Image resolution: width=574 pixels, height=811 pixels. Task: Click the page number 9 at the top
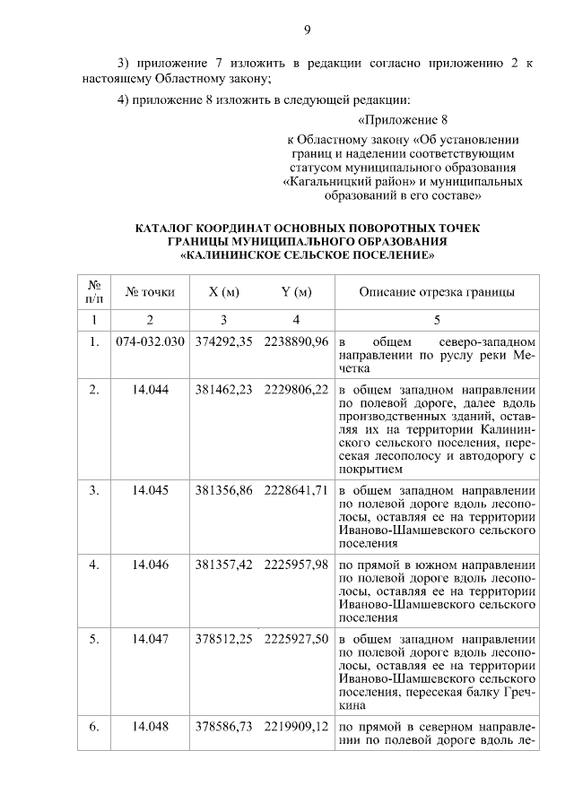[306, 30]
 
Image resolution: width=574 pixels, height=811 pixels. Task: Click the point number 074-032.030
[150, 342]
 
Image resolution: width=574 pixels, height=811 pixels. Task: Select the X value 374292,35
[223, 342]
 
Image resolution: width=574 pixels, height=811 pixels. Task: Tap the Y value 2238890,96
[296, 342]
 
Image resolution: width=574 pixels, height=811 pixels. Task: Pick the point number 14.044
[150, 390]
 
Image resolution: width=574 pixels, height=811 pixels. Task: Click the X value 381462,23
[223, 390]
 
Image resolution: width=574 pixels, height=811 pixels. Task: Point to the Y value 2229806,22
[296, 390]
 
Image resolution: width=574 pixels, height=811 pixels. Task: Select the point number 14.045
[150, 490]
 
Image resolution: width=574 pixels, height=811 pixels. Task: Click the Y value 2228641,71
[296, 490]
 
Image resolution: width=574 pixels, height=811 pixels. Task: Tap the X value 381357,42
[223, 565]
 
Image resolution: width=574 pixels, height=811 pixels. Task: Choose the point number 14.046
[150, 565]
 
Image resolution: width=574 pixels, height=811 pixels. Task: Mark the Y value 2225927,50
[296, 641]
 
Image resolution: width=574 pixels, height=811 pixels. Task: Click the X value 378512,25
[223, 641]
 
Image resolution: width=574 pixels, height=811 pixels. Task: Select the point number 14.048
[150, 727]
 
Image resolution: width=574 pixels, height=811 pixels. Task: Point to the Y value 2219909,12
[296, 727]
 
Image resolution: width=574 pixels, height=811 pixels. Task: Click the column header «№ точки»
[150, 292]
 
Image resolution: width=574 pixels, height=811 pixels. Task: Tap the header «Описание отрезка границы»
[437, 292]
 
